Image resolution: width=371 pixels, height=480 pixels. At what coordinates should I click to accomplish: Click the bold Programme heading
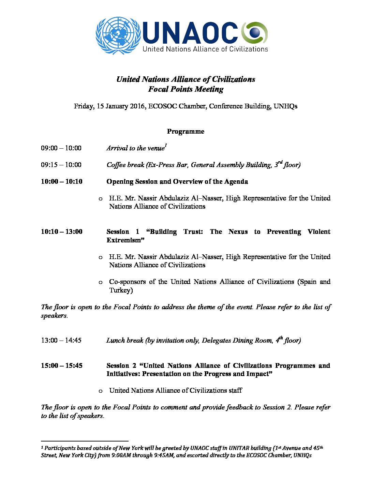[185, 131]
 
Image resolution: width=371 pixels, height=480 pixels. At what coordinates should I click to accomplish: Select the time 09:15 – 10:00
[61, 165]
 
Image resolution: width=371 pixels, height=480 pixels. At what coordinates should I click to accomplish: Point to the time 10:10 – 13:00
[62, 231]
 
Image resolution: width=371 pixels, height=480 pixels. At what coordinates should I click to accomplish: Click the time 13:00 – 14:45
[61, 340]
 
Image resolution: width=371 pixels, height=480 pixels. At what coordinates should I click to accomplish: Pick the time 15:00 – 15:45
[62, 365]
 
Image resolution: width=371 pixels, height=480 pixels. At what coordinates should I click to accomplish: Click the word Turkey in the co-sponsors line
[121, 290]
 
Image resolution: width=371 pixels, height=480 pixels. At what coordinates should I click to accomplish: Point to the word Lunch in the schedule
[115, 340]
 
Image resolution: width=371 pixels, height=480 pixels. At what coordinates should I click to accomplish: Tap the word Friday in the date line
[83, 106]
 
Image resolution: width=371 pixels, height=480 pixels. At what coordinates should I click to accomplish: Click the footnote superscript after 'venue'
[166, 146]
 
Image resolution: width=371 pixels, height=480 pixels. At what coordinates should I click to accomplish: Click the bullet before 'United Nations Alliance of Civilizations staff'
[100, 391]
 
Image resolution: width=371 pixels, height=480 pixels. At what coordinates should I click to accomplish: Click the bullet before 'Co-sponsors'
[100, 282]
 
